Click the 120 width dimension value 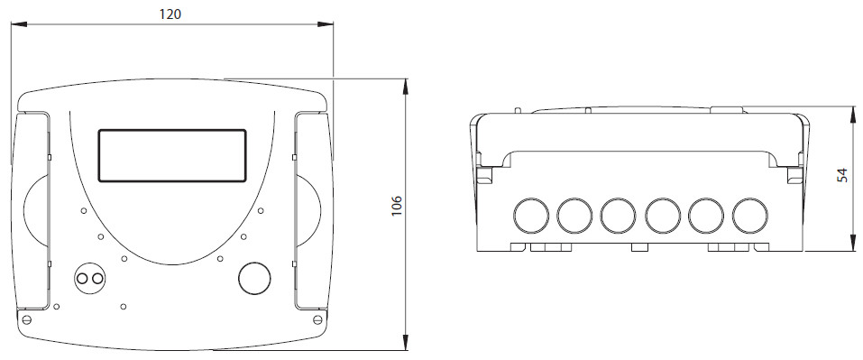pos(170,14)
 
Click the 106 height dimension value pos(397,206)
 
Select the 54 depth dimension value pos(842,176)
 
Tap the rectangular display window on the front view pos(172,156)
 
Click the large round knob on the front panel pos(255,278)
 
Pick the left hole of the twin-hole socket pos(82,279)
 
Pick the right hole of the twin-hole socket pos(97,279)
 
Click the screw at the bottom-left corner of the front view pos(26,319)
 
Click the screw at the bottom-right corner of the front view pos(317,319)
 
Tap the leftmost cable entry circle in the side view pos(531,216)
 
